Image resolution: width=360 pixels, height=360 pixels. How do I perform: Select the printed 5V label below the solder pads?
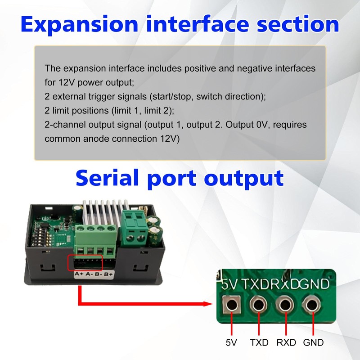pos(231,342)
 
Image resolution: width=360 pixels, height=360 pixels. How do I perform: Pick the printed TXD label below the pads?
pos(259,342)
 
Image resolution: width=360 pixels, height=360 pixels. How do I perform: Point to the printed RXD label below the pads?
pos(286,342)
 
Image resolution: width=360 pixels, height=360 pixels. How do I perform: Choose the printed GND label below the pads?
pos(313,342)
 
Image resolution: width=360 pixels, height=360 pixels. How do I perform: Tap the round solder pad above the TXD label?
pos(258,306)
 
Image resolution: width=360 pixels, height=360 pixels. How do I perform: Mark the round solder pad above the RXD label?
pos(284,306)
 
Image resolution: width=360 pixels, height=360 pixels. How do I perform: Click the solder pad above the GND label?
pos(310,306)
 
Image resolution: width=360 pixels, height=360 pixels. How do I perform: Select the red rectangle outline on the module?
pos(85,263)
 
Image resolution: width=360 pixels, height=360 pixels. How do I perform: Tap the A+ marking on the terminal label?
pos(78,274)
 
